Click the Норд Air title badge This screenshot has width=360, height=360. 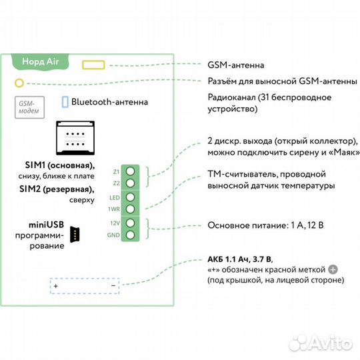point(41,61)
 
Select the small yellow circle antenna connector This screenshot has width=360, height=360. point(19,83)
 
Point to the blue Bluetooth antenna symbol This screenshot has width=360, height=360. point(65,103)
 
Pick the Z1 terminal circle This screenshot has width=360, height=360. point(131,171)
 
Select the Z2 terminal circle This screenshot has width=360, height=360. point(131,183)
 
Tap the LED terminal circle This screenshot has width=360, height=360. point(131,197)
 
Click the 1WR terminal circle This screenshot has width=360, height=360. point(131,209)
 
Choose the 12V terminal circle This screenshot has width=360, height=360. point(131,223)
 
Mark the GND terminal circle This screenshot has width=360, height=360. point(131,235)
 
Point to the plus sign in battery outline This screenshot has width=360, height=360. point(56,285)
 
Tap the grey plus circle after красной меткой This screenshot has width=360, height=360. point(333,269)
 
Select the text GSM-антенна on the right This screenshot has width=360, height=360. point(235,65)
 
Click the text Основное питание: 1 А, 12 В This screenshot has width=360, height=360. point(265,225)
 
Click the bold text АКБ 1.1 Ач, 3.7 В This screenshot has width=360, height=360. point(240,258)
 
